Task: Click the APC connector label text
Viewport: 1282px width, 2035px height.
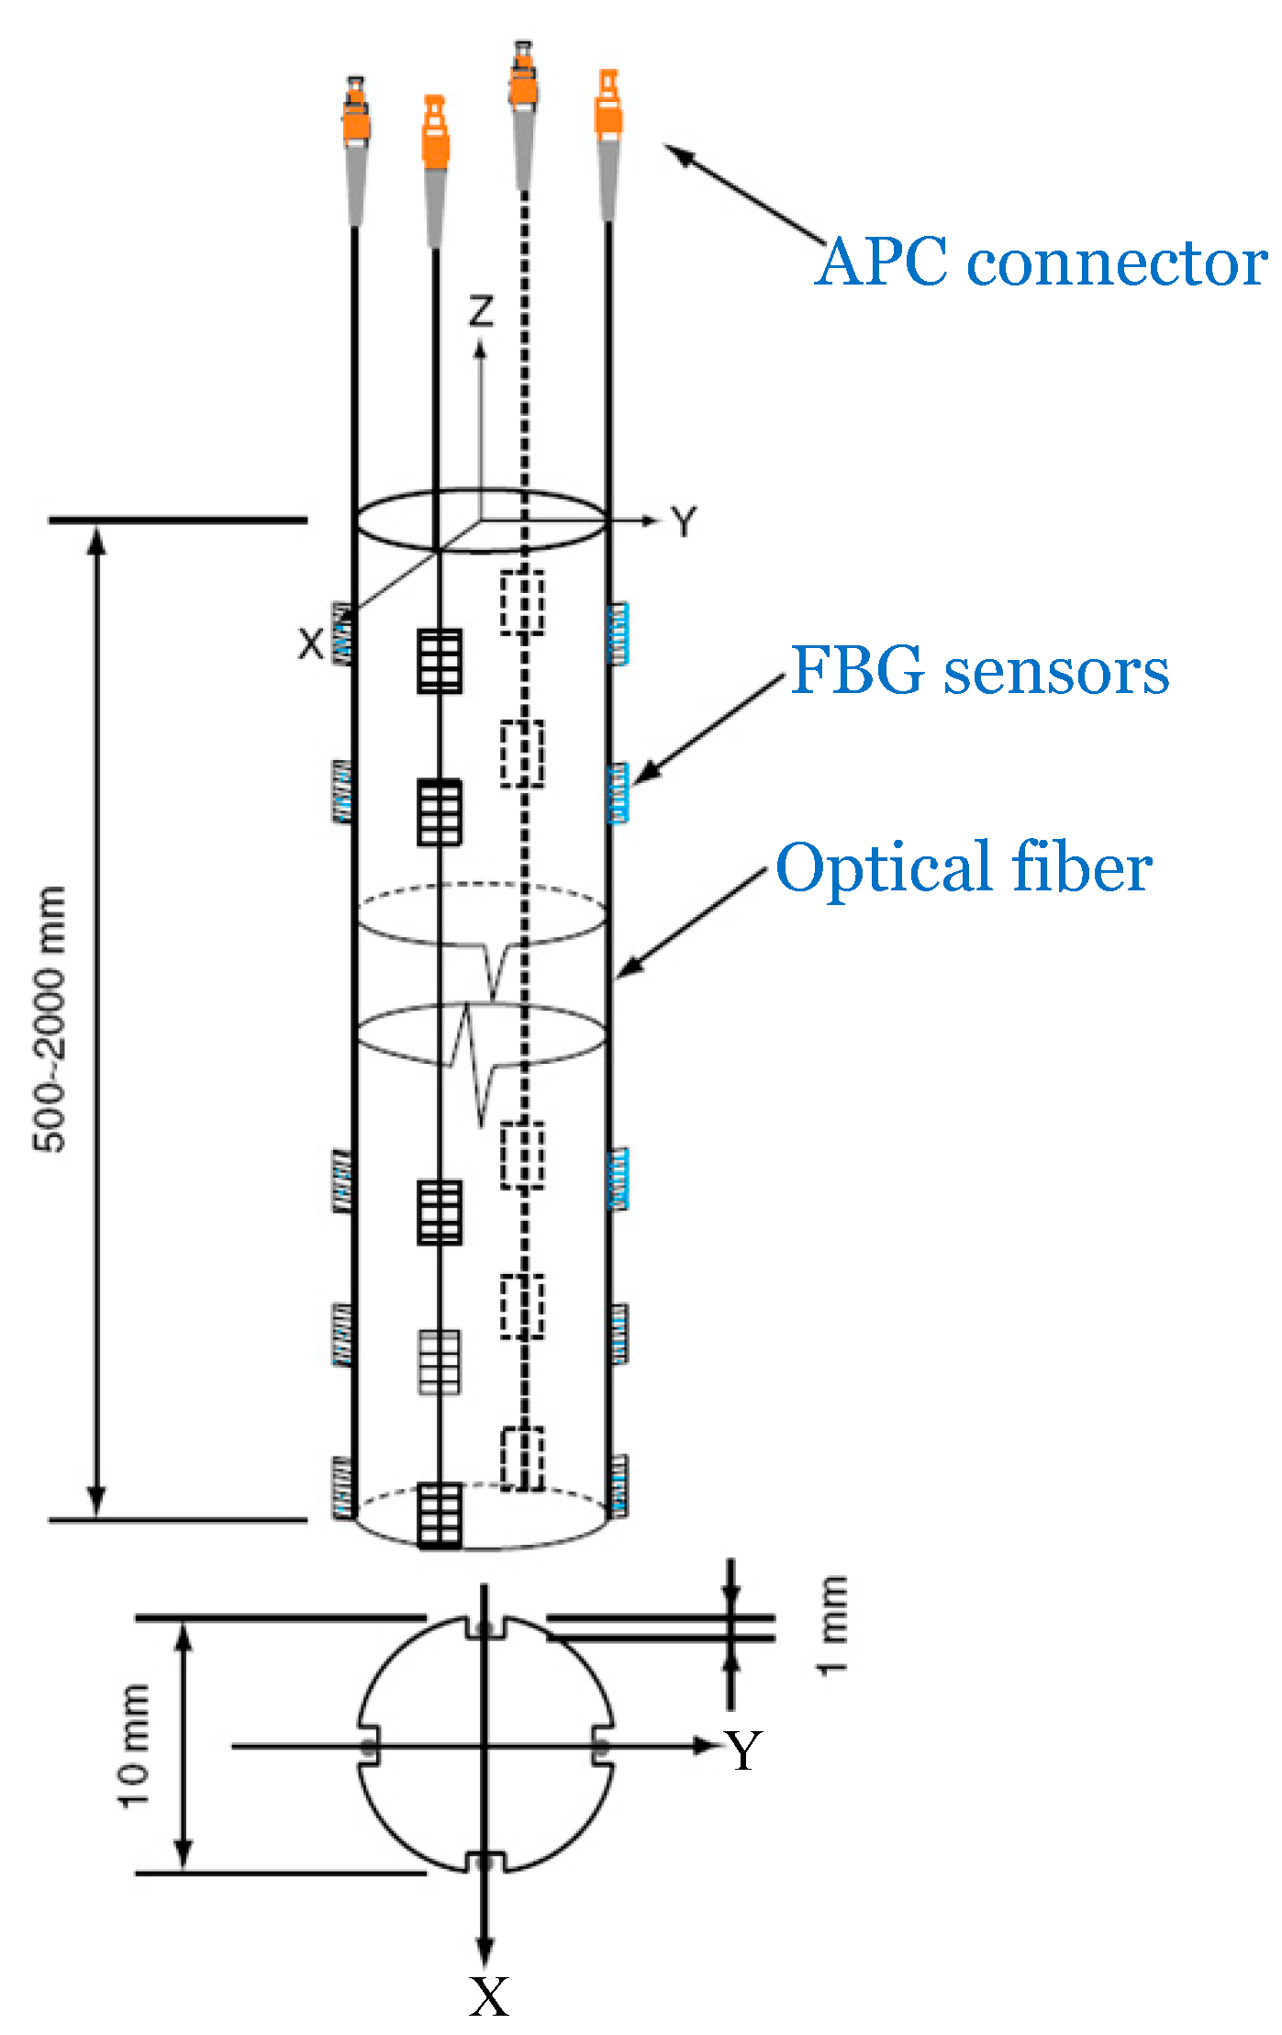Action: pos(1041,263)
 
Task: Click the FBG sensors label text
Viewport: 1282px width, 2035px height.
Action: pos(979,671)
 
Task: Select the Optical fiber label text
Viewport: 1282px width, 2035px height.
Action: pos(964,867)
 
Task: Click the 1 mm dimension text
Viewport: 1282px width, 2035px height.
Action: pos(832,1626)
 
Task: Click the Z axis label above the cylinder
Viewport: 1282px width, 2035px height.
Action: pos(481,311)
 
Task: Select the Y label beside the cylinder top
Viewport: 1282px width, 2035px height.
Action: pos(684,522)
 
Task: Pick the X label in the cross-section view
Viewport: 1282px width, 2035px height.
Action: pos(488,1997)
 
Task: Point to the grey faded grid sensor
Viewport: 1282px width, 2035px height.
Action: pos(440,1362)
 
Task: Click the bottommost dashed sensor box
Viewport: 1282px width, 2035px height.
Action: pos(522,1459)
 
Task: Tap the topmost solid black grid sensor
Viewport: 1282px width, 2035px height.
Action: pos(440,660)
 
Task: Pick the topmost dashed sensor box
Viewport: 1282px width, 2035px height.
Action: pos(522,603)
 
